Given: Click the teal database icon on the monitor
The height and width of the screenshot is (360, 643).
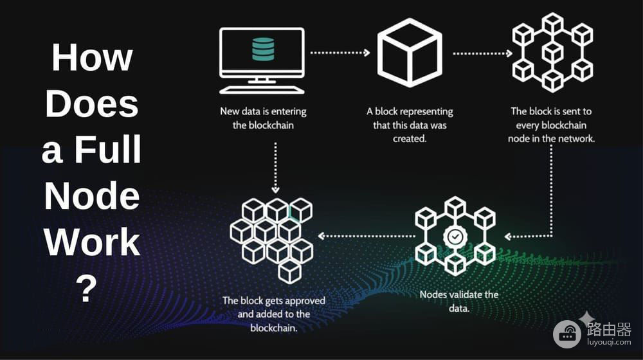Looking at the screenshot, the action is click(x=263, y=50).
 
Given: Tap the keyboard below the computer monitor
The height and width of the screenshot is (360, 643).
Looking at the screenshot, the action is click(x=262, y=90).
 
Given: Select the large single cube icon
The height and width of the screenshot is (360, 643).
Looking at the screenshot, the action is click(x=410, y=52).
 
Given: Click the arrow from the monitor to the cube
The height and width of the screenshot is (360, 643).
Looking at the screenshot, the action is click(x=340, y=53).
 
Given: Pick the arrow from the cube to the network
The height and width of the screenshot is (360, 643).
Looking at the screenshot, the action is click(x=482, y=53).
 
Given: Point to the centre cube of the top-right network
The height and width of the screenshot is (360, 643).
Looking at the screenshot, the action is click(x=552, y=52).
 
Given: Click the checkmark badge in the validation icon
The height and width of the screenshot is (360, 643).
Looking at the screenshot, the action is click(x=455, y=237).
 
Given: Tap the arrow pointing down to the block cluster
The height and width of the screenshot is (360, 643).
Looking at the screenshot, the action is click(x=276, y=168).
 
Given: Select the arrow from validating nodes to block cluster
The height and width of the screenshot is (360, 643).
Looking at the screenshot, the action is click(x=367, y=236).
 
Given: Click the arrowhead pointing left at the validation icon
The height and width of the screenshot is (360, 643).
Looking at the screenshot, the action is click(x=508, y=236).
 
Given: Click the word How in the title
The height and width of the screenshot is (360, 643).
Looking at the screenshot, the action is click(x=92, y=57).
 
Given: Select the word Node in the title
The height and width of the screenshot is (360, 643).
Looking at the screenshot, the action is click(x=92, y=195).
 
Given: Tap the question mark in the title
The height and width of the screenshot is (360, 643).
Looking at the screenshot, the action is click(x=86, y=288).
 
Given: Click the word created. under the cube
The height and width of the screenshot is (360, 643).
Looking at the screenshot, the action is click(x=410, y=139).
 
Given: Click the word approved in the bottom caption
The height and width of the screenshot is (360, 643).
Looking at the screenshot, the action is click(x=305, y=301).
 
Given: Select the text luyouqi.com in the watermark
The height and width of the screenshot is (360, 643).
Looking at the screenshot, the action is click(x=609, y=342).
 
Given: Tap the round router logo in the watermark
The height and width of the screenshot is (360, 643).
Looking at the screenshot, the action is click(x=567, y=334).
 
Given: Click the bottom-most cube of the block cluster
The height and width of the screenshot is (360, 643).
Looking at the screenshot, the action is click(x=289, y=271).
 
